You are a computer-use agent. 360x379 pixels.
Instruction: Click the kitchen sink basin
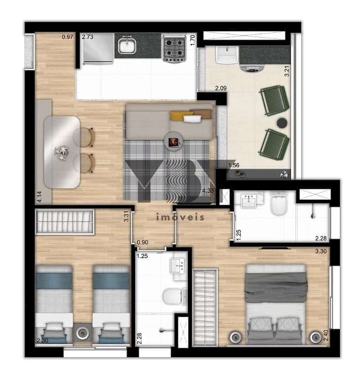pos(127,46)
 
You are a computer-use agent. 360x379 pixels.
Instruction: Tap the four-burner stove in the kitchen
pos(174,48)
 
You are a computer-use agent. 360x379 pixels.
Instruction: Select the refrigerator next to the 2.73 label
pos(98,48)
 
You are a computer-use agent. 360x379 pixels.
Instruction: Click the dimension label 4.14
pos(39,197)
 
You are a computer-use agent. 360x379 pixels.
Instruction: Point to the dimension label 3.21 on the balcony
pos(287,71)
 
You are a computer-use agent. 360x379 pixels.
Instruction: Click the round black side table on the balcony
pos(282,123)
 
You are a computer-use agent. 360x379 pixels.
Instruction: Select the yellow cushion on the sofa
pos(181,115)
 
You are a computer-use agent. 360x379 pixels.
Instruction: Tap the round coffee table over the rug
pos(174,141)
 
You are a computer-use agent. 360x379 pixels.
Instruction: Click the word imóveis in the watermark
pos(180,217)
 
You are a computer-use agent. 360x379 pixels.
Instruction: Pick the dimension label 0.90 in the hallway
pos(143,242)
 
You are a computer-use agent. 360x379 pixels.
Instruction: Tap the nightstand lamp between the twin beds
pos(83,334)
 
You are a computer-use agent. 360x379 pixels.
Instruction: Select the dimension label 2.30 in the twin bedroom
pos(42,341)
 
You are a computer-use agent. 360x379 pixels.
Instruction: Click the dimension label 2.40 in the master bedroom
pos(326,335)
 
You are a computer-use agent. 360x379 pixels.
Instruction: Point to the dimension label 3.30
pos(321,251)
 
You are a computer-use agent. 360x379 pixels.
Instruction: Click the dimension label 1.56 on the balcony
pos(234,165)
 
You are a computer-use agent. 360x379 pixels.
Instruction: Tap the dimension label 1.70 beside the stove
pos(192,40)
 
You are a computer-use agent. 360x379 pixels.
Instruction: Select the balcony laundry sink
pos(227,55)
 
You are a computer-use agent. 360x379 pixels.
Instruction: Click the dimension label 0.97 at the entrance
pos(68,37)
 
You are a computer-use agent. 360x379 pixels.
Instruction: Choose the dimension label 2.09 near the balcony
pos(221,88)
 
